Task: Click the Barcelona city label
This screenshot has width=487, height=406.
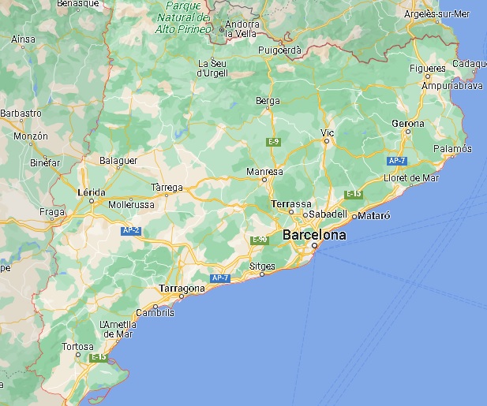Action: [314, 235]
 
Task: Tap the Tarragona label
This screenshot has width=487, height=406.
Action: [182, 288]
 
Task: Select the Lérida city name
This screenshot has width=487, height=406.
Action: [92, 192]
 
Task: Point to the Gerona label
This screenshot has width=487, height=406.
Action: [407, 124]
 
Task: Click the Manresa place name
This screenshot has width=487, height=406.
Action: [264, 171]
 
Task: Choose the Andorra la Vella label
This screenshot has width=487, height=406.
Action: [243, 28]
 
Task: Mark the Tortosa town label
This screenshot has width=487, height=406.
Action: [78, 346]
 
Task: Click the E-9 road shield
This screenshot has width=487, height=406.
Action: [273, 141]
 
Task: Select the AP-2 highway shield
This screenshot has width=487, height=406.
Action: [130, 230]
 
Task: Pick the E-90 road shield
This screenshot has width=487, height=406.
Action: [259, 239]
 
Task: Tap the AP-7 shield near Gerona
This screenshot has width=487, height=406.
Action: [397, 161]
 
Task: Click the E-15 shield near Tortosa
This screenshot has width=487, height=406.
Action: [99, 357]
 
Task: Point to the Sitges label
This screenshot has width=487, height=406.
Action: [262, 266]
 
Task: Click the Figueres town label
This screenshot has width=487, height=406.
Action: [428, 69]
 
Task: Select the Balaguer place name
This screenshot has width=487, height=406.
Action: [118, 161]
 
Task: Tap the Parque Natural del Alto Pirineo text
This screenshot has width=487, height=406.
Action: [183, 17]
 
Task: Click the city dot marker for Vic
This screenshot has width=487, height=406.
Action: [327, 142]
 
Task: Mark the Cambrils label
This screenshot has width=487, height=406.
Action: [155, 312]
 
